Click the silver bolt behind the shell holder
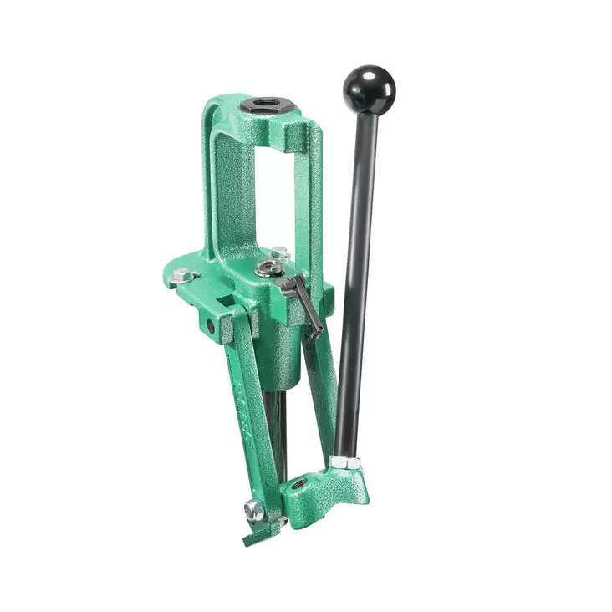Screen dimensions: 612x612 click(278, 252)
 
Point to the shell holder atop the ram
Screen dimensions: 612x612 click(268, 268)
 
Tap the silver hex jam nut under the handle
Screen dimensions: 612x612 click(344, 462)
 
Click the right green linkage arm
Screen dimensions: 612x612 click(322, 393)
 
